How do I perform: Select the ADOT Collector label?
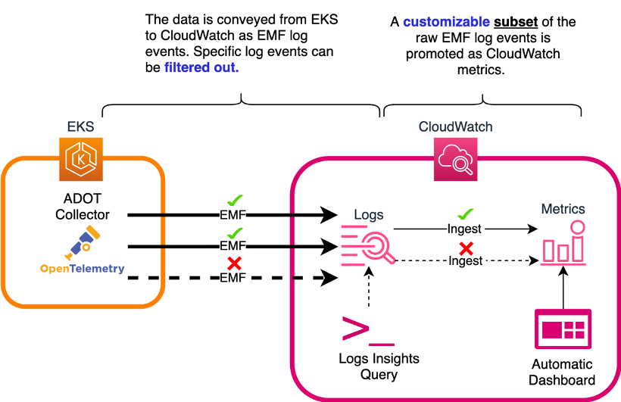click(83, 206)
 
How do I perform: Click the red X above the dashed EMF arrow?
click(235, 264)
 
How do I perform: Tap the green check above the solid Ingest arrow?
click(467, 214)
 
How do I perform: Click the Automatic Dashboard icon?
click(563, 330)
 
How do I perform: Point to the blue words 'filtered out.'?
click(201, 67)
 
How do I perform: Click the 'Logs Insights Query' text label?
click(368, 366)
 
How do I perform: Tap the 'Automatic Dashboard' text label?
click(563, 372)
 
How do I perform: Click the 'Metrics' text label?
click(563, 208)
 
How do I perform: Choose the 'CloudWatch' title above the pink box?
click(455, 126)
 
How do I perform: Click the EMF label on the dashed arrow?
click(233, 279)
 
